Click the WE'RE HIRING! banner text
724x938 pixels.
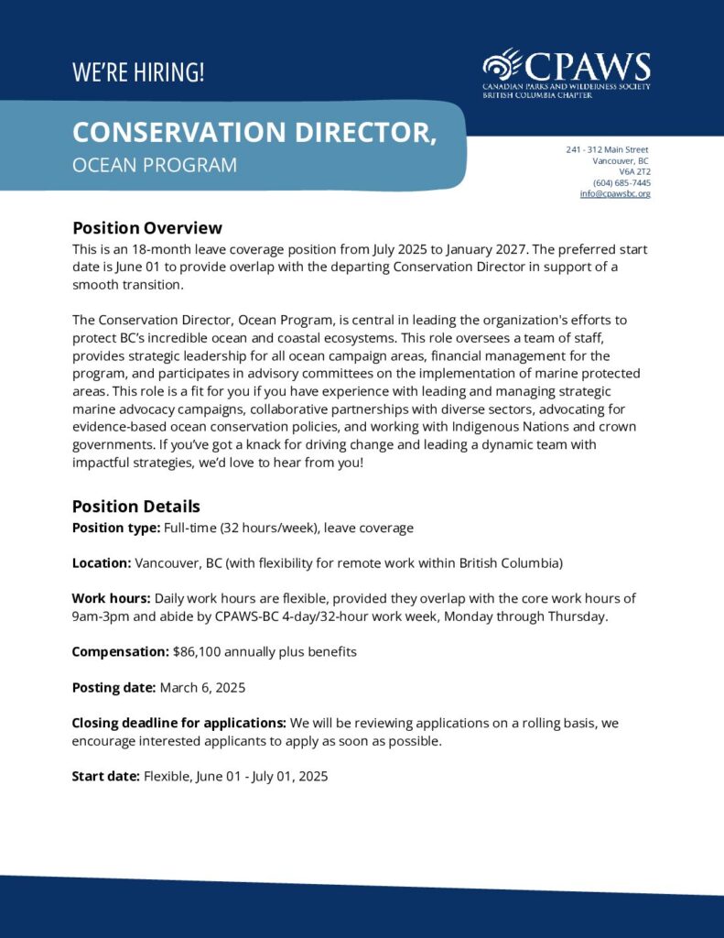[138, 72]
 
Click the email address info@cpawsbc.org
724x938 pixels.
[615, 193]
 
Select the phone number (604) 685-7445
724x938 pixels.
[621, 182]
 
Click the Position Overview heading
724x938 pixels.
[147, 228]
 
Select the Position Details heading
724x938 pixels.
[136, 507]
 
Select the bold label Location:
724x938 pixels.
[102, 562]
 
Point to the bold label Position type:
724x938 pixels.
[116, 528]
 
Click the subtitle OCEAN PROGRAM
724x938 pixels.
[155, 165]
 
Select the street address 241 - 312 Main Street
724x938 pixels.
[607, 149]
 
